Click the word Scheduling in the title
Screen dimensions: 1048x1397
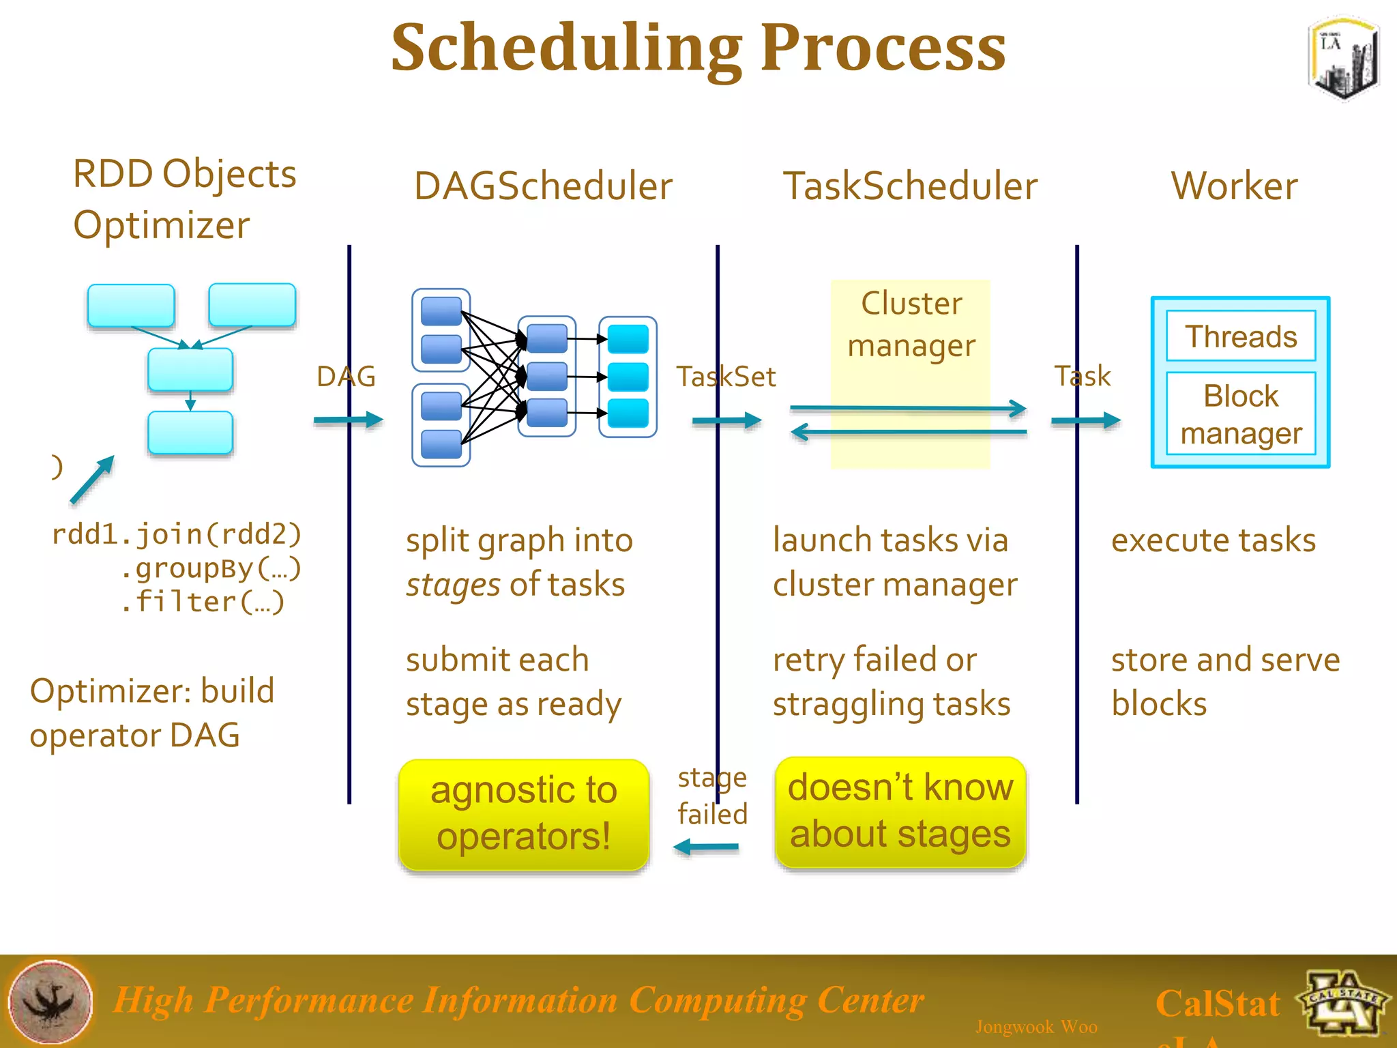[566, 49]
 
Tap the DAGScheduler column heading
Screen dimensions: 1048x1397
[543, 186]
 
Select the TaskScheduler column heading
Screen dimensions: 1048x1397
[910, 186]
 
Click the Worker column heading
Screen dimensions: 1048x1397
[1234, 186]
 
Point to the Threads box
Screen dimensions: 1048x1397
[1240, 336]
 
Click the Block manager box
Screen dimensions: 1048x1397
[1240, 413]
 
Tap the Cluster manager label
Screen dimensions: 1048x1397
[911, 324]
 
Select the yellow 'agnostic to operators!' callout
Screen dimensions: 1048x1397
[523, 814]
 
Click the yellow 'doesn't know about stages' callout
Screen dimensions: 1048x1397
[900, 811]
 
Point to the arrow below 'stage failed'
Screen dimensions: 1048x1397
[706, 847]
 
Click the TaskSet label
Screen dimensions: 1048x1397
[726, 377]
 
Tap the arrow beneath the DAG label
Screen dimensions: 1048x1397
[348, 420]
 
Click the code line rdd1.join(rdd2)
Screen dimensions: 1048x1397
[176, 534]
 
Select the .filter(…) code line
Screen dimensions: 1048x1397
[202, 602]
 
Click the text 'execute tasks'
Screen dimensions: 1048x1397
[1213, 540]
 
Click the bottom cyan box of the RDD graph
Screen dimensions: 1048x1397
[190, 433]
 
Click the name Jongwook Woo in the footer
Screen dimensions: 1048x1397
[1035, 1027]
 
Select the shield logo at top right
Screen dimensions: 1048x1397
[1342, 58]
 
